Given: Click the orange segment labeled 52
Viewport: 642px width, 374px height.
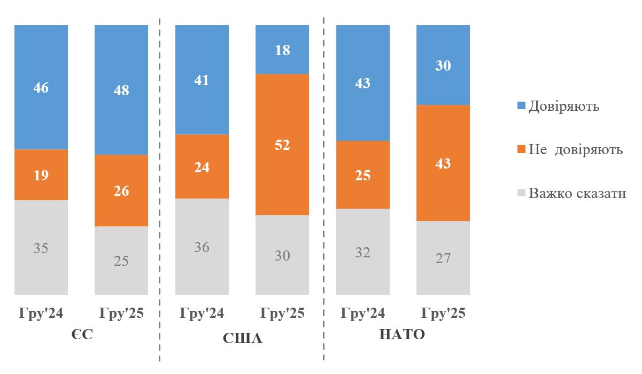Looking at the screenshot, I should click(282, 144).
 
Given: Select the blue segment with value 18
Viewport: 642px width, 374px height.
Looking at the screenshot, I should click(282, 50).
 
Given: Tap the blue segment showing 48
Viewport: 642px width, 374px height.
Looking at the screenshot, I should click(121, 90).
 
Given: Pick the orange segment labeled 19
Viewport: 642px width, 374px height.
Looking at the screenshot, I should click(41, 175).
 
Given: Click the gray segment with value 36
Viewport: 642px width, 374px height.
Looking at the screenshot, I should click(202, 247).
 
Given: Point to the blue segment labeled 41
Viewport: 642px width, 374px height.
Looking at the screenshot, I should click(202, 80).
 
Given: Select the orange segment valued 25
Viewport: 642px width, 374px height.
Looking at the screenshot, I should click(363, 175).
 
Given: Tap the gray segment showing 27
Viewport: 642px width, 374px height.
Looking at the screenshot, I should click(443, 258).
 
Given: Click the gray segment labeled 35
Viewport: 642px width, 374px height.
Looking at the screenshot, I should click(41, 248).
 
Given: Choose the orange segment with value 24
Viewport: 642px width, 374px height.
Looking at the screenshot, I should click(202, 167).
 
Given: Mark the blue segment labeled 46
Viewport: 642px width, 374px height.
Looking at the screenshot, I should click(41, 87).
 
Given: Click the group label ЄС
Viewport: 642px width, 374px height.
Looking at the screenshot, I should click(81, 335).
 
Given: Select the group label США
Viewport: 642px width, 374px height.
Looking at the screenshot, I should click(242, 338).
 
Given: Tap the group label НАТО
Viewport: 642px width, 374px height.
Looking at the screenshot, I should click(402, 335).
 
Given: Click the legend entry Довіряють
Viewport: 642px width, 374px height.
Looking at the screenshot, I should click(563, 106).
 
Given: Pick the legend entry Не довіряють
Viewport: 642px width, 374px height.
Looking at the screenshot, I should click(575, 149).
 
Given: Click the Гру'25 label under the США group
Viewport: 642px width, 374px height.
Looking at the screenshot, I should click(282, 313).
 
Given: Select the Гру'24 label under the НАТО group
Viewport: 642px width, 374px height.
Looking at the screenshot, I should click(363, 313).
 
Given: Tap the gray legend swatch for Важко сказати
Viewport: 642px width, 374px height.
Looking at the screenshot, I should click(523, 193).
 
